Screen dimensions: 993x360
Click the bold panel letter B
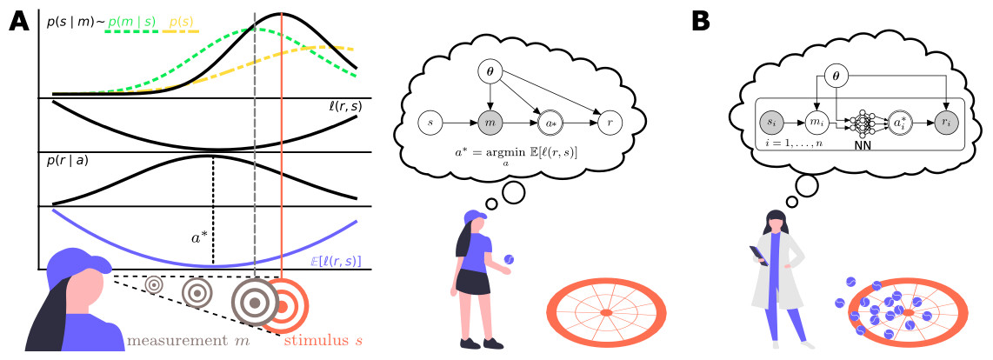point(702,23)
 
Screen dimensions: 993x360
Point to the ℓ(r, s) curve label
point(342,107)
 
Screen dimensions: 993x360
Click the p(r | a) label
point(66,161)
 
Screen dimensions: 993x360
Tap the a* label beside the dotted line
point(199,238)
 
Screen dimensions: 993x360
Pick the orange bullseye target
point(285,304)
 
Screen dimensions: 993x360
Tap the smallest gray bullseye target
point(154,285)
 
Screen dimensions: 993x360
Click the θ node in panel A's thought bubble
point(489,74)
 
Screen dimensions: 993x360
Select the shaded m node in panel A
point(489,122)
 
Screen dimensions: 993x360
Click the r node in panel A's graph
point(610,122)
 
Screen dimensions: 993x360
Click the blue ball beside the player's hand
point(509,259)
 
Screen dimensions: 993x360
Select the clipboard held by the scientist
point(759,256)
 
